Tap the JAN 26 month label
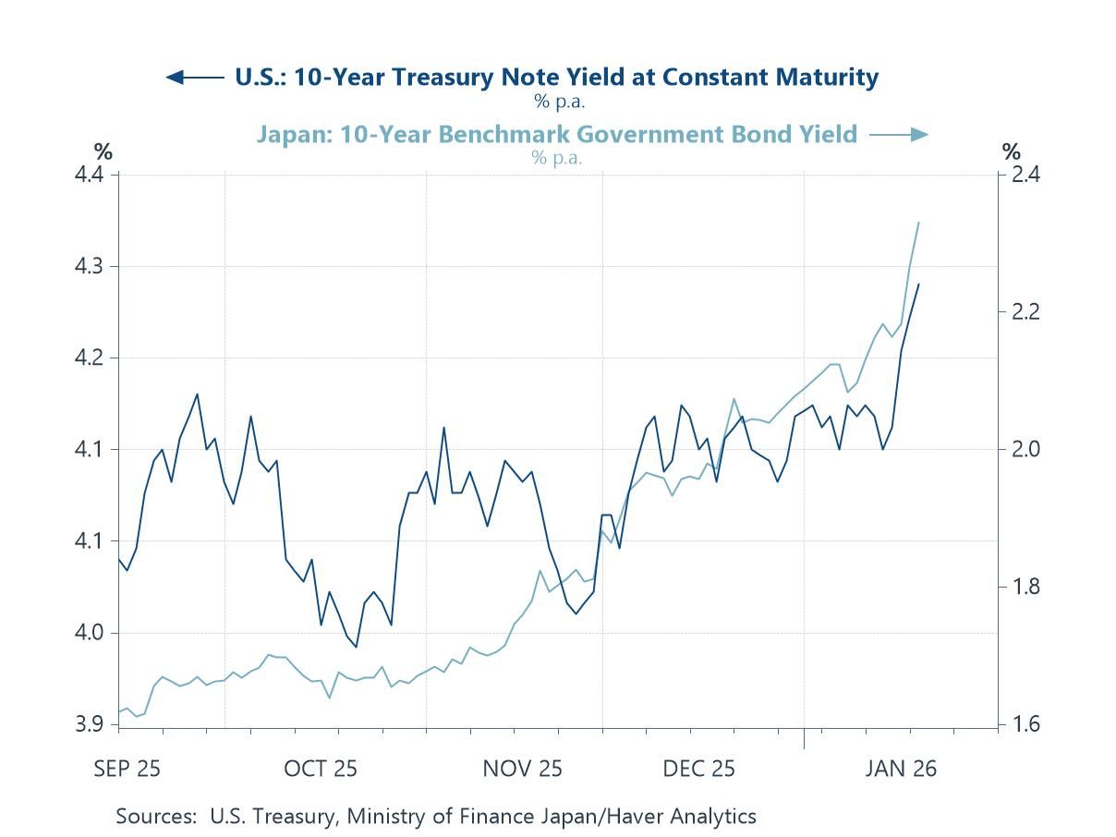click(901, 769)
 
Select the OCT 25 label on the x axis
click(321, 769)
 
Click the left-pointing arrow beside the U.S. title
click(193, 77)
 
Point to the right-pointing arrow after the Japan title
click(899, 135)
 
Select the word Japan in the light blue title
click(287, 135)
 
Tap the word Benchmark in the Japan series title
click(498, 135)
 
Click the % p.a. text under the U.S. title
click(559, 102)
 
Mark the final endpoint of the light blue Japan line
click(918, 223)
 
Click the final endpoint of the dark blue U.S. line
click(918, 285)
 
